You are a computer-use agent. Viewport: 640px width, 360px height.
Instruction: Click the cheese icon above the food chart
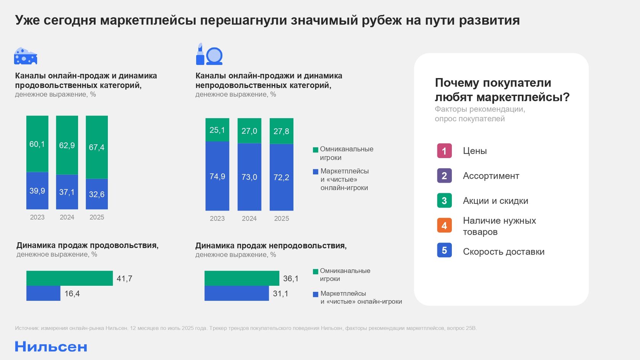(26, 56)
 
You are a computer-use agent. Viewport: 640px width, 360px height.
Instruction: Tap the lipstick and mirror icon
(209, 54)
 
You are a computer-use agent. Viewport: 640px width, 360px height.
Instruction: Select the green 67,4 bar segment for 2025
(97, 147)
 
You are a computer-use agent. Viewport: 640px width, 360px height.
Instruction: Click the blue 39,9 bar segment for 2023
(37, 190)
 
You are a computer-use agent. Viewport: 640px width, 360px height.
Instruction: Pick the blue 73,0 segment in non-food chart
(249, 177)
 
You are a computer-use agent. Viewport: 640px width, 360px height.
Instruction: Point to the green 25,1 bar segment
(217, 130)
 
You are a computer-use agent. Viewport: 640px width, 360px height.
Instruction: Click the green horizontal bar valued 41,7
(69, 278)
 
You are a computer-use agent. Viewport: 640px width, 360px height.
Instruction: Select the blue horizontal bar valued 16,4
(43, 293)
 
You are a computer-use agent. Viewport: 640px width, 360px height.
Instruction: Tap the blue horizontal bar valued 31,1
(236, 293)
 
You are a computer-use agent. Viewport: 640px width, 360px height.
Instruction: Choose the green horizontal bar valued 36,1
(242, 278)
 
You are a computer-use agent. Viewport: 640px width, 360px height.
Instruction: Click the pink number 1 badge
(444, 151)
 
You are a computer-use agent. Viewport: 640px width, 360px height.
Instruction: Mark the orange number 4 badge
(444, 226)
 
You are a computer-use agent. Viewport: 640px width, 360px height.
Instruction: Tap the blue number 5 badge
(444, 250)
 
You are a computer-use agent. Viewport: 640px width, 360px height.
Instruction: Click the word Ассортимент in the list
(491, 176)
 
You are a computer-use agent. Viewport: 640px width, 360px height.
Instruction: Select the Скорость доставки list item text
(503, 252)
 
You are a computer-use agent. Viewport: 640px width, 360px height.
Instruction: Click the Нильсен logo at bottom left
(51, 347)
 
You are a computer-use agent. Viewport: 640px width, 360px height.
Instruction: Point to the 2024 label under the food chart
(67, 217)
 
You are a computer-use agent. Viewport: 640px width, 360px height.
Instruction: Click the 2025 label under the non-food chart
(282, 218)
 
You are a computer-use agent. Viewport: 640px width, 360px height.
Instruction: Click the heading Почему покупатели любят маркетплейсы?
(502, 90)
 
